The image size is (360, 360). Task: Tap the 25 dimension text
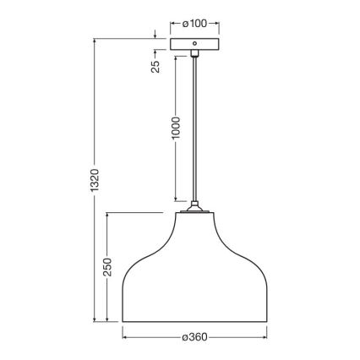point(156,66)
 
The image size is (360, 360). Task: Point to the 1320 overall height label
point(95,179)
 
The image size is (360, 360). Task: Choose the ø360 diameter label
point(194,336)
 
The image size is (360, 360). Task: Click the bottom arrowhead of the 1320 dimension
point(95,320)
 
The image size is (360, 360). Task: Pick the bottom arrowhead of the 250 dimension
point(108,320)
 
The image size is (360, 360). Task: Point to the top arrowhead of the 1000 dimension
point(176,59)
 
